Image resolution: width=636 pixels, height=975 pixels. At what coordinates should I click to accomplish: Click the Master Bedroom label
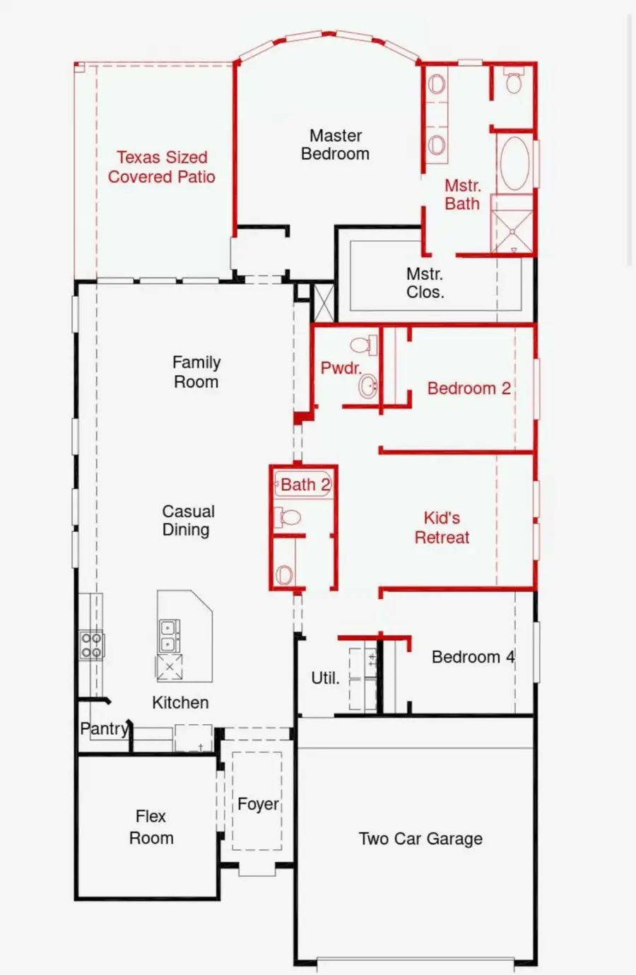335,145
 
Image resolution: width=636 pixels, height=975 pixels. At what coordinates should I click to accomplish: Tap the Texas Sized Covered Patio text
162,167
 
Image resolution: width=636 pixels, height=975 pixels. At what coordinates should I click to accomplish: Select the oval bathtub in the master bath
514,162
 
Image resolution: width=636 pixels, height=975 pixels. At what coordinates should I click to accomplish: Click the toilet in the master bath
514,83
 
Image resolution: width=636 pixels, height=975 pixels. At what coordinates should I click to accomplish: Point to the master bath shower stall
513,231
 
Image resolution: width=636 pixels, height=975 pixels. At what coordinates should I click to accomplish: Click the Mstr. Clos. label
425,283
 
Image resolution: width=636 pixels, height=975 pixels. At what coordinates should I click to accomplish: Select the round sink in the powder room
367,386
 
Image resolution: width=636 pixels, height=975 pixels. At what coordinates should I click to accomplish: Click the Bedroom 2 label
469,389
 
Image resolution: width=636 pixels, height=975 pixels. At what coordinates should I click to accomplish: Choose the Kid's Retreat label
442,528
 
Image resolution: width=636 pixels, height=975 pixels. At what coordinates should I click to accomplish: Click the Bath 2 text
305,485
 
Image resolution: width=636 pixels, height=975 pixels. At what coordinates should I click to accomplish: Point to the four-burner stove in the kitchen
91,644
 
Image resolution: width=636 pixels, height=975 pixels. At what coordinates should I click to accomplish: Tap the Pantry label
104,728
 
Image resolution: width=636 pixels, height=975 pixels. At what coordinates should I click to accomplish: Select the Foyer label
258,804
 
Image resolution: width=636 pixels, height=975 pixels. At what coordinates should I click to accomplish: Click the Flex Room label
151,827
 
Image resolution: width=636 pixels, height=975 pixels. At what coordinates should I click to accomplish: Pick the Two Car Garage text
420,839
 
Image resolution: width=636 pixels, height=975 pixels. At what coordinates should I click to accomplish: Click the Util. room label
325,678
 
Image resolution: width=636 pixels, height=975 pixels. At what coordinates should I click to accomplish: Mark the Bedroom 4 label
473,657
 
